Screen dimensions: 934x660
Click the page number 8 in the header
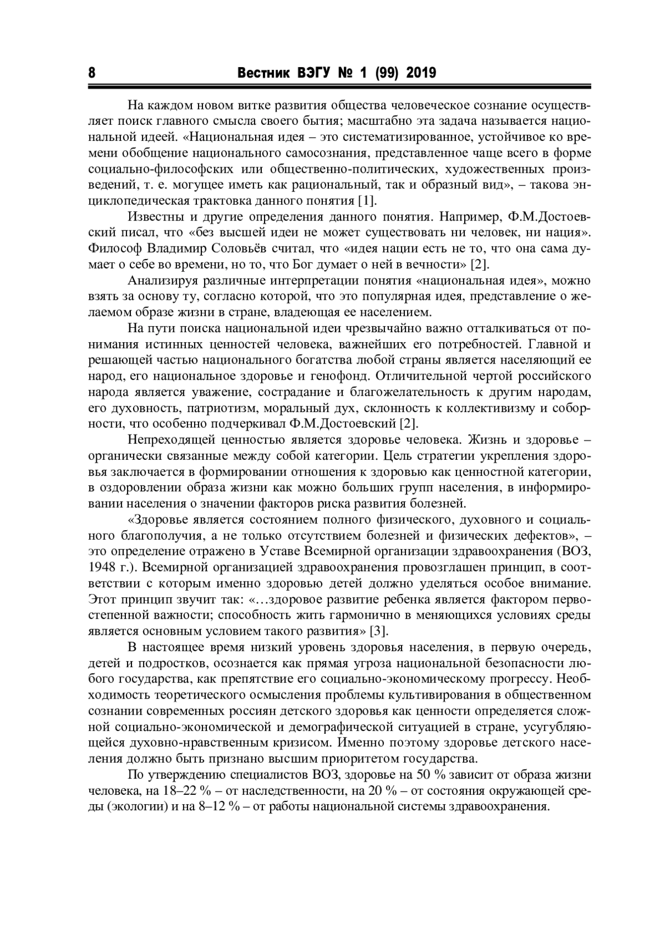click(x=92, y=73)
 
